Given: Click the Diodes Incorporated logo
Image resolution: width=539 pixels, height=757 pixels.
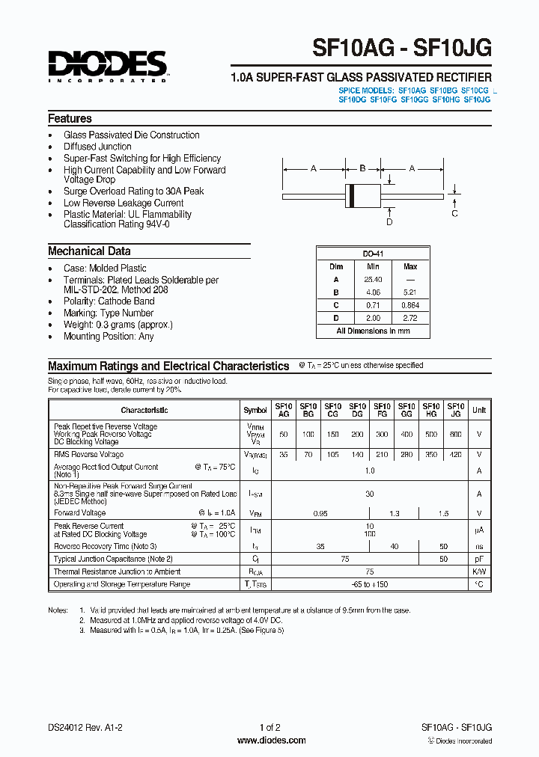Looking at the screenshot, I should coord(107,65).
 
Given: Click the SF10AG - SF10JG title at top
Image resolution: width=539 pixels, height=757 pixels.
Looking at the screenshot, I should coord(402,48).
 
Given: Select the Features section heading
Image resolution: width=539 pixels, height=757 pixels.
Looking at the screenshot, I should coord(70,119).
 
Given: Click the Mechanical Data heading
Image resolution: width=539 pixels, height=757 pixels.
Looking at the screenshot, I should coord(89,251).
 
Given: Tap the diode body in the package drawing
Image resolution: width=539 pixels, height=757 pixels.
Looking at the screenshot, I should coord(362,194).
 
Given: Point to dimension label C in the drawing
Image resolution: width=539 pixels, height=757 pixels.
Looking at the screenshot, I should coord(454,213).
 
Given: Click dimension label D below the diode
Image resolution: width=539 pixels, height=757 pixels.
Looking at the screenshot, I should coord(389,221).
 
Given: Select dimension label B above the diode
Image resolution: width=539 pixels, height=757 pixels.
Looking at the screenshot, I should coord(362,168).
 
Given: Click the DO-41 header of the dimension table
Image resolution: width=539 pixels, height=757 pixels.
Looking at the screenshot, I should coord(373,254).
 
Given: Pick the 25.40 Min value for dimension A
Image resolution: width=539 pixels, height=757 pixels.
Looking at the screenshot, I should coord(373,279).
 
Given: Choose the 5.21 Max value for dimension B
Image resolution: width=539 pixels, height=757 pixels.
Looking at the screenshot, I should coord(410,292).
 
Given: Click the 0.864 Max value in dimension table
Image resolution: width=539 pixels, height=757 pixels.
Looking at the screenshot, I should coord(410,305).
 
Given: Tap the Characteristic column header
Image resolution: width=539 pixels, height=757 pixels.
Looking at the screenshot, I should coord(144,410).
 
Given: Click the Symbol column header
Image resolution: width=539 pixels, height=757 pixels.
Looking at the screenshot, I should coord(255,410).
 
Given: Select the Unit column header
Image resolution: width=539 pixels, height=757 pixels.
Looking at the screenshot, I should coord(479,410).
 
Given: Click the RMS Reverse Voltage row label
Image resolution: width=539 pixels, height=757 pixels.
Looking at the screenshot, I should coord(89,454).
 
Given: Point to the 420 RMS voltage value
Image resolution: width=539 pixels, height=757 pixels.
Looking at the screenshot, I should coord(455,454).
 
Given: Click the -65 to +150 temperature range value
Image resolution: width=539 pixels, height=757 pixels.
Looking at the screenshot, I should coord(369,584).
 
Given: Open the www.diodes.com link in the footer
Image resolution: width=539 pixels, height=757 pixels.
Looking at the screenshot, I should coord(271,741).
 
